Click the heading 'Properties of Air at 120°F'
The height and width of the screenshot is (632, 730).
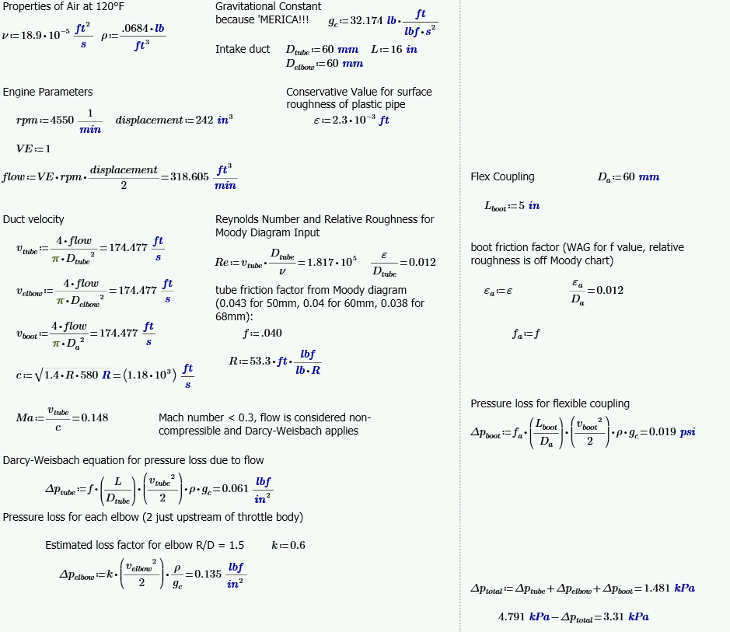click(x=63, y=7)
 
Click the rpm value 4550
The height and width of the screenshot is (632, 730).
click(x=61, y=120)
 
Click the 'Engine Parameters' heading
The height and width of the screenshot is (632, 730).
click(x=47, y=92)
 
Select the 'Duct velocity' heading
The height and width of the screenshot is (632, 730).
click(x=33, y=219)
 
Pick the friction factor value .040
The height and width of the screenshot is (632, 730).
click(x=271, y=333)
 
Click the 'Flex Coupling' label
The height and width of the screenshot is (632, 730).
click(x=502, y=176)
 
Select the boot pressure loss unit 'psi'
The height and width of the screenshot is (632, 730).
click(x=687, y=432)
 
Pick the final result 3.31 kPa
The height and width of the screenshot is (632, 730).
click(x=629, y=617)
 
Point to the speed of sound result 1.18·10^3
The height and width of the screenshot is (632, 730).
click(x=151, y=375)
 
